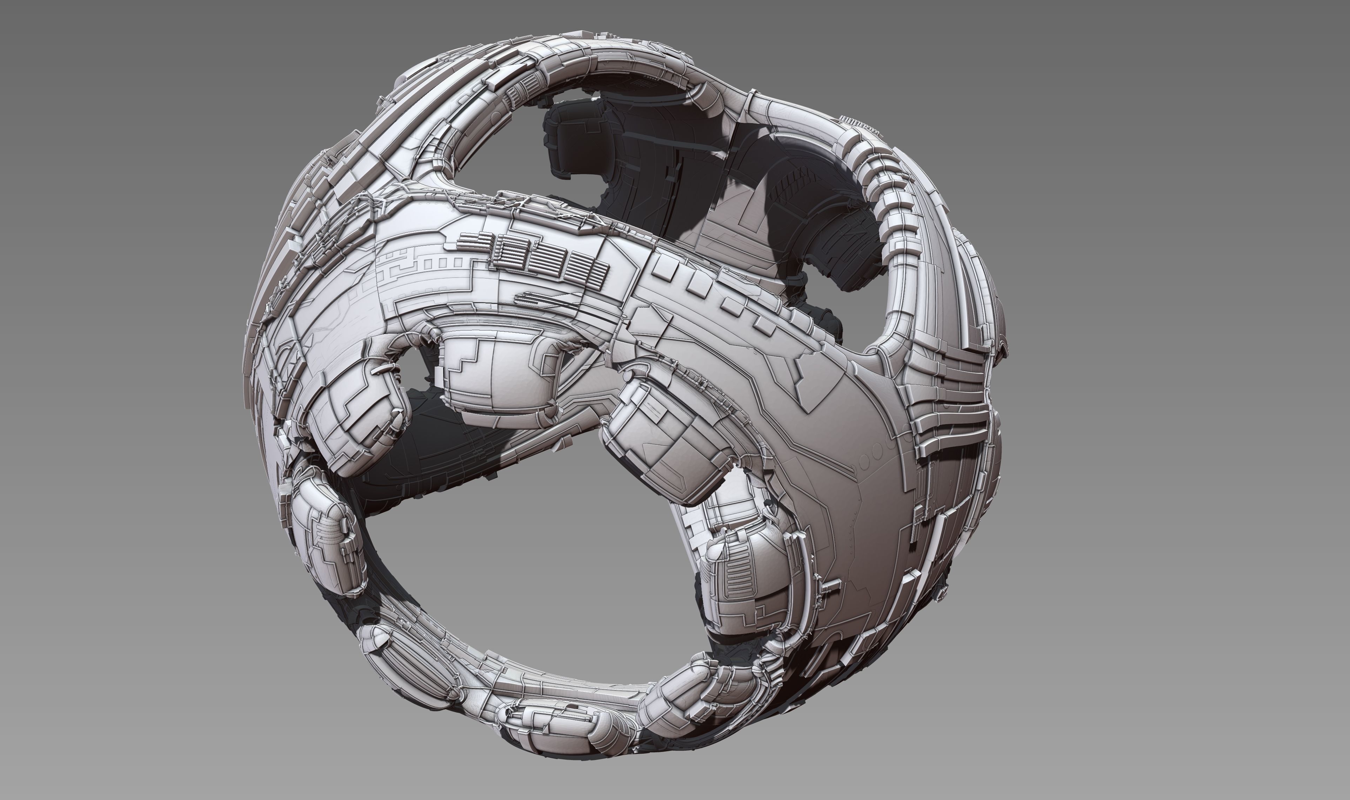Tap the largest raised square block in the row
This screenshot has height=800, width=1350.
point(666,268)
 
